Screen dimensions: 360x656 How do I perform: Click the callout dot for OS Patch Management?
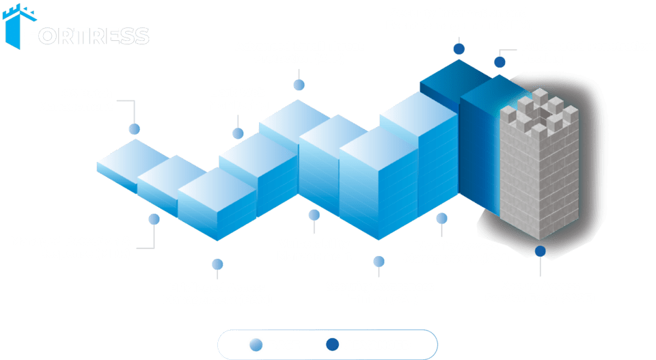tap(134, 128)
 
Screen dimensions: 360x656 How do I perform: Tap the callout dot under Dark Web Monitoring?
tap(238, 133)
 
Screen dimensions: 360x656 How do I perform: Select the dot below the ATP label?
tap(299, 85)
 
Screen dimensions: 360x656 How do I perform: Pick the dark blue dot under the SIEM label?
tap(459, 49)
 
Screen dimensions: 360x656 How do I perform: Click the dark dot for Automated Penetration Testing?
tap(500, 62)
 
